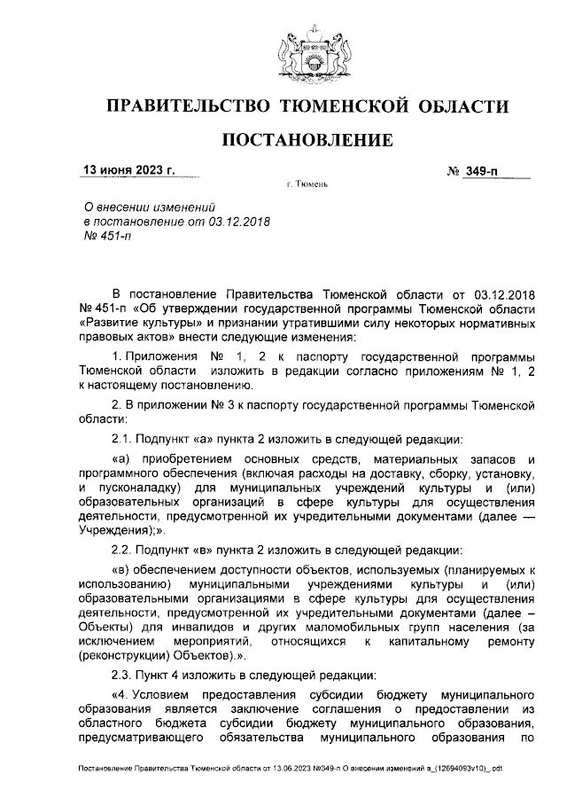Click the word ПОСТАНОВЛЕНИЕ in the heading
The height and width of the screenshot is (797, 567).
pyautogui.click(x=307, y=139)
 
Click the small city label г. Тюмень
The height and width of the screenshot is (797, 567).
pyautogui.click(x=307, y=186)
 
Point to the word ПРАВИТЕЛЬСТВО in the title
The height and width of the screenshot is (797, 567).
pyautogui.click(x=187, y=107)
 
